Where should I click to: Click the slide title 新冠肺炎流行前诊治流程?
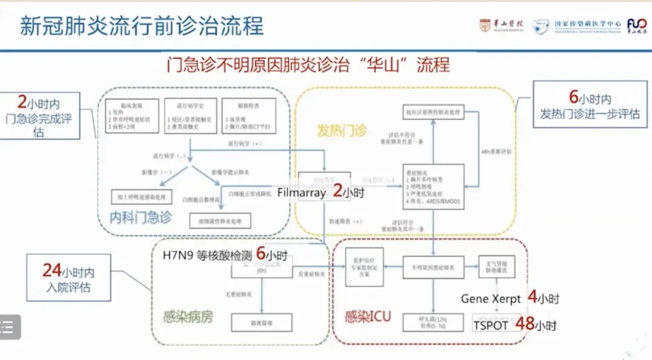click(x=141, y=27)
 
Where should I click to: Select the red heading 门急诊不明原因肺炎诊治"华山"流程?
click(x=308, y=65)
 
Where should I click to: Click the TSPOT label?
click(x=491, y=325)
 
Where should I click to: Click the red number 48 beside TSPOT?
click(x=525, y=324)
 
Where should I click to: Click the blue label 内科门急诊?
click(x=140, y=217)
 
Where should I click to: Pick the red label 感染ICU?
click(x=367, y=317)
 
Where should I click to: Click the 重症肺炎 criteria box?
click(x=433, y=186)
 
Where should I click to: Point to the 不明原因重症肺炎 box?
click(x=433, y=267)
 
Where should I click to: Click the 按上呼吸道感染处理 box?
click(x=142, y=197)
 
